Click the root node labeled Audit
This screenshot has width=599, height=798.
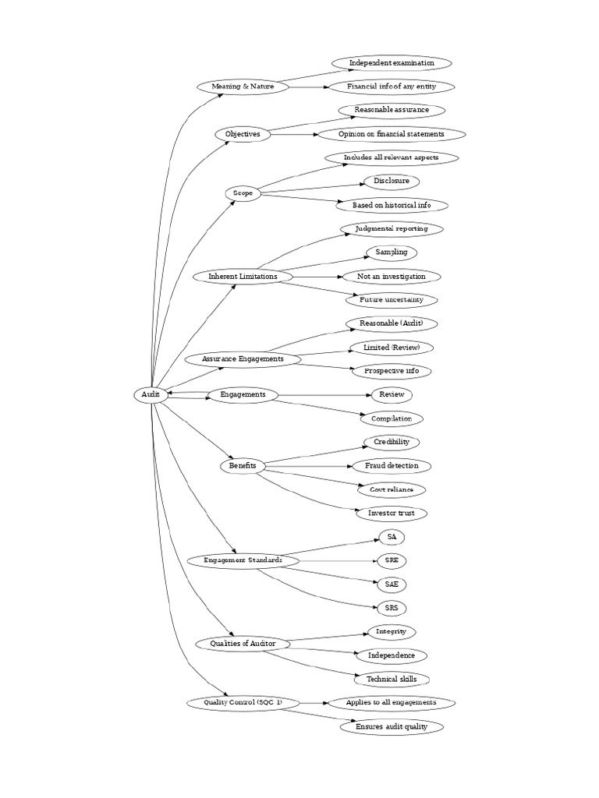pos(150,395)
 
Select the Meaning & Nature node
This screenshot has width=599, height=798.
pos(243,87)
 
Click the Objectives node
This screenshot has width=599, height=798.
pos(243,134)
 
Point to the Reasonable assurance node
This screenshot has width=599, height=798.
pos(392,110)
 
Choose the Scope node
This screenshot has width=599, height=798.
pos(243,193)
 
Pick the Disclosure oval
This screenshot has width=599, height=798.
pos(392,182)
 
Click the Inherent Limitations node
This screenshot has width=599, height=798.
pos(243,277)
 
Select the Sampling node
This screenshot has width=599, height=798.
pos(392,252)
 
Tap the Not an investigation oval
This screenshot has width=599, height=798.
pos(392,277)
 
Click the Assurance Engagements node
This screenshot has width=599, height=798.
pos(243,359)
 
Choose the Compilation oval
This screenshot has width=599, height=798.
pos(392,418)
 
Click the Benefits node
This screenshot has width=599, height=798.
pos(243,466)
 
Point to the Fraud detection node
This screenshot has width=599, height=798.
pos(392,466)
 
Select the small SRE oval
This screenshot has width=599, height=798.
pos(392,560)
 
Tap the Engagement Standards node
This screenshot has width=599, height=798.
pos(243,560)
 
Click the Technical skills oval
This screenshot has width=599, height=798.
pos(392,680)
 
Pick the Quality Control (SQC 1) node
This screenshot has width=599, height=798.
pos(243,703)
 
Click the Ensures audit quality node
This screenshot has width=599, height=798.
pos(392,727)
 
